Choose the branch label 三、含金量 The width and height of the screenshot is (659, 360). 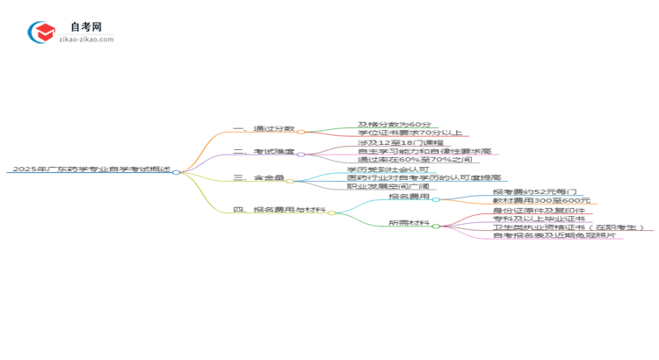(257, 178)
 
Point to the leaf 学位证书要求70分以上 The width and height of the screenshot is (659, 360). (409, 133)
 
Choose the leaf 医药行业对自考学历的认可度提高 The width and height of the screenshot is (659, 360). (424, 178)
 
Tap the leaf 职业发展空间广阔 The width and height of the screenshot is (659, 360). (387, 187)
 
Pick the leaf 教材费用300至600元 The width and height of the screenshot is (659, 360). (540, 201)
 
